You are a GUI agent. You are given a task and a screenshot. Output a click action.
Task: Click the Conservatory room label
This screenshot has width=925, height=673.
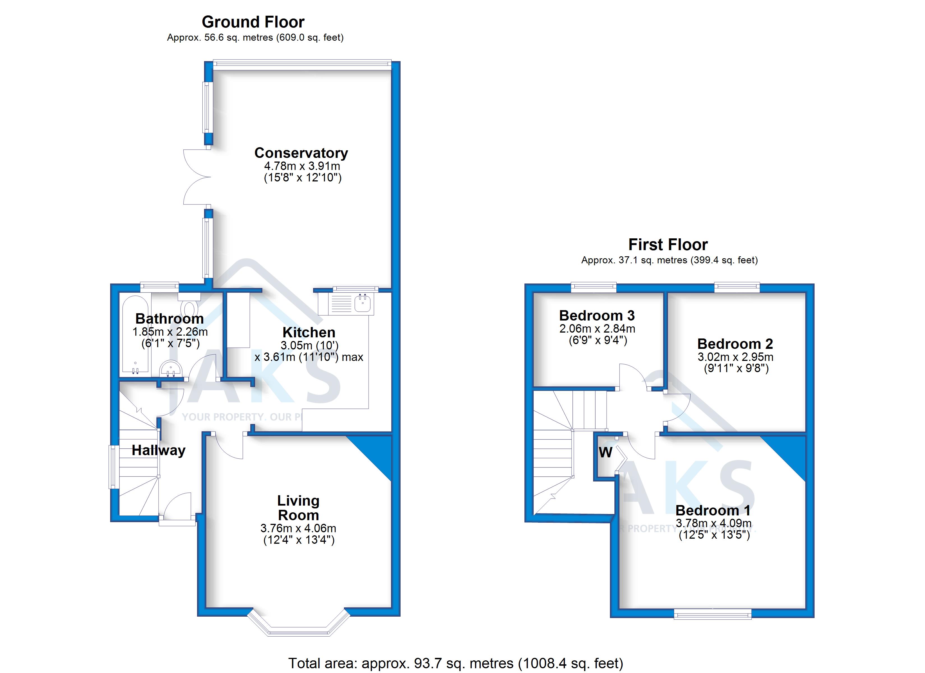[x=301, y=153]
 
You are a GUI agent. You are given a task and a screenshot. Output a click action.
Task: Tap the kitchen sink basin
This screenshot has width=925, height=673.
[x=363, y=303]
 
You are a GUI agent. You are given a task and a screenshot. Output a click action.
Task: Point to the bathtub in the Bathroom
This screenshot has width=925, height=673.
[x=135, y=335]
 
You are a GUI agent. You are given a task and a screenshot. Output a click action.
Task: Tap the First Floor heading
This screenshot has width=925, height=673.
[x=668, y=245]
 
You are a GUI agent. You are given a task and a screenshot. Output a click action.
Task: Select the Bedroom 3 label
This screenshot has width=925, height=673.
[x=597, y=315]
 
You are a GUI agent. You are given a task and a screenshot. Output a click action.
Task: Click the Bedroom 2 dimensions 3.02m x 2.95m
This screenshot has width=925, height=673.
[x=735, y=357]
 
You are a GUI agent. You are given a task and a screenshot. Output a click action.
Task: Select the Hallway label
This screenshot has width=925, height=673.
[x=158, y=450]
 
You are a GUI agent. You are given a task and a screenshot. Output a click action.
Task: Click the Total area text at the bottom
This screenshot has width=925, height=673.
[x=455, y=663]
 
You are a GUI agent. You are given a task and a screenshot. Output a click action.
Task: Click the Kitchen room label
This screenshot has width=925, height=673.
[x=309, y=332]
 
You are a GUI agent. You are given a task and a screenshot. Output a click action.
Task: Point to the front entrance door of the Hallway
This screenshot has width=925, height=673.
[x=177, y=508]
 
